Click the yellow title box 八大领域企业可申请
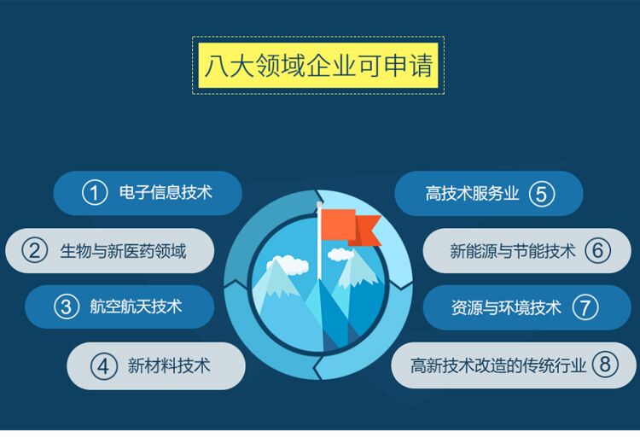pos(317,65)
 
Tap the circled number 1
pos(95,193)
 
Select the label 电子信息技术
pos(166,193)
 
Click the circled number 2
pos(34,251)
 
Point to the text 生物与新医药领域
pos(123,251)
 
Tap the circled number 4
pos(103,366)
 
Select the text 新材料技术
pos(168,366)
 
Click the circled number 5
pos(542,194)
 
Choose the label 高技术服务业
pos(472,194)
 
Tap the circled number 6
pos(598,251)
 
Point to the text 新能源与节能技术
pos(513,251)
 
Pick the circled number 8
pos(604,365)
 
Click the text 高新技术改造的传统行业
pos(498,365)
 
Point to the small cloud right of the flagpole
pos(340,254)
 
